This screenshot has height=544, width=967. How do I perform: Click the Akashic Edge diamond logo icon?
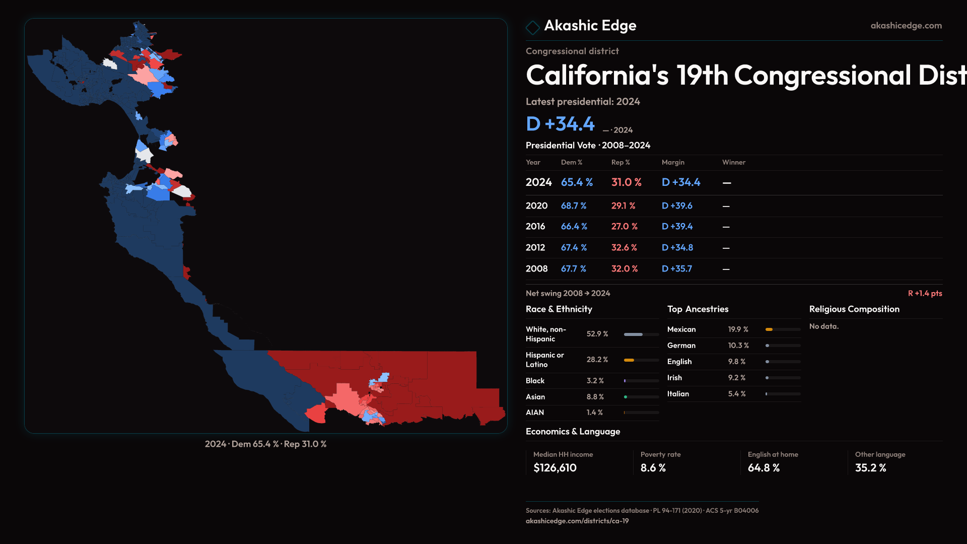pos(532,27)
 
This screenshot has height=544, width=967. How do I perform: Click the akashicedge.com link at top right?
pos(906,26)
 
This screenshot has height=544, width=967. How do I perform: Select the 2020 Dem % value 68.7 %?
pos(574,206)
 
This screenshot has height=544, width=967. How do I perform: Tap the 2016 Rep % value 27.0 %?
pos(624,227)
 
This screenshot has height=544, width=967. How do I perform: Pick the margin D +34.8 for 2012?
pos(677,248)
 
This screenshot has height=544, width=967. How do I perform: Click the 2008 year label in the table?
pos(536,269)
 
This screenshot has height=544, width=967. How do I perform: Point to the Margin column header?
pos(673,162)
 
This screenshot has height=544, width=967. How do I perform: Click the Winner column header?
pos(733,162)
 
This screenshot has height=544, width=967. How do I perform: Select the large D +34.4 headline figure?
pos(560,124)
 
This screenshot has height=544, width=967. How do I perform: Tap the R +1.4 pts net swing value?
pos(925,293)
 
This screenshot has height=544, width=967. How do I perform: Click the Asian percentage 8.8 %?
pos(595,397)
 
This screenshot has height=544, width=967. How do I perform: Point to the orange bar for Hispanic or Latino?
pos(629,360)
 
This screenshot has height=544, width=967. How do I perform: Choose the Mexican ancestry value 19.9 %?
pos(738,329)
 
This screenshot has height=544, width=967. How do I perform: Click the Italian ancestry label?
pos(678,394)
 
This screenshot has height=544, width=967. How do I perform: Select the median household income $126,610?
pos(555,468)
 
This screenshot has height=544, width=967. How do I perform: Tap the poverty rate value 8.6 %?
pos(653,468)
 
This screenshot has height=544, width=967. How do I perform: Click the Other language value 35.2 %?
pos(870,468)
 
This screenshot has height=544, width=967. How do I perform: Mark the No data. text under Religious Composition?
pos(823,326)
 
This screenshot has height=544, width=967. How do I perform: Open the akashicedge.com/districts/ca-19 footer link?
pos(577,521)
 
